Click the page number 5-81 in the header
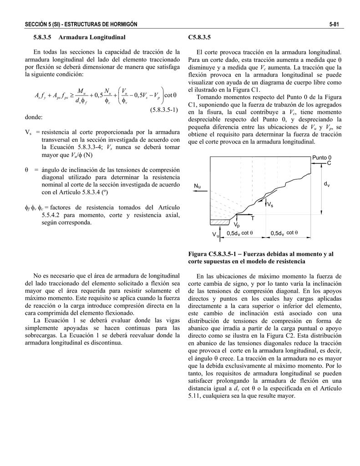336,24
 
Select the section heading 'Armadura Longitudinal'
92,36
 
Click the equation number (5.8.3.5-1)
162,110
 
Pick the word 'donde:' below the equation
34,117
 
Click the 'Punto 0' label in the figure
322,157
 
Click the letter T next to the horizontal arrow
253,219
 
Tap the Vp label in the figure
237,225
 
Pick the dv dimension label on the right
326,184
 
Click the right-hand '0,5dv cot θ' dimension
284,233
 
